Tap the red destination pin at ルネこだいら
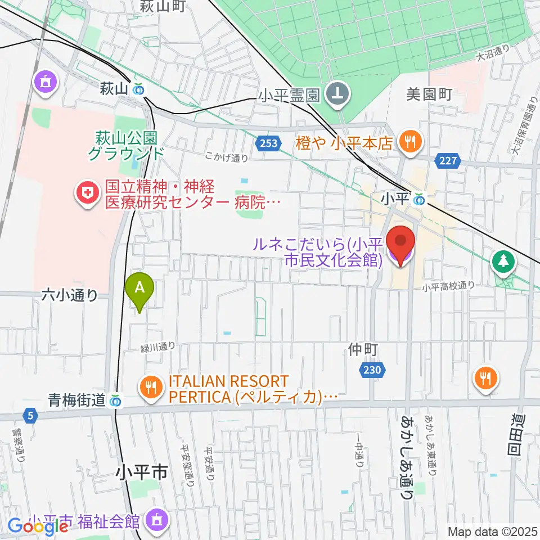click(400, 244)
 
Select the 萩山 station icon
click(138, 89)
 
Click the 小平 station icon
click(418, 199)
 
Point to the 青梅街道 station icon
click(116, 400)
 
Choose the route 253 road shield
click(269, 143)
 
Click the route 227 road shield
click(447, 161)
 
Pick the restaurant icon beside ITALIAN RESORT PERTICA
click(150, 388)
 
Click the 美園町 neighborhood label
click(429, 94)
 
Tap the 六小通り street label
click(70, 295)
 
